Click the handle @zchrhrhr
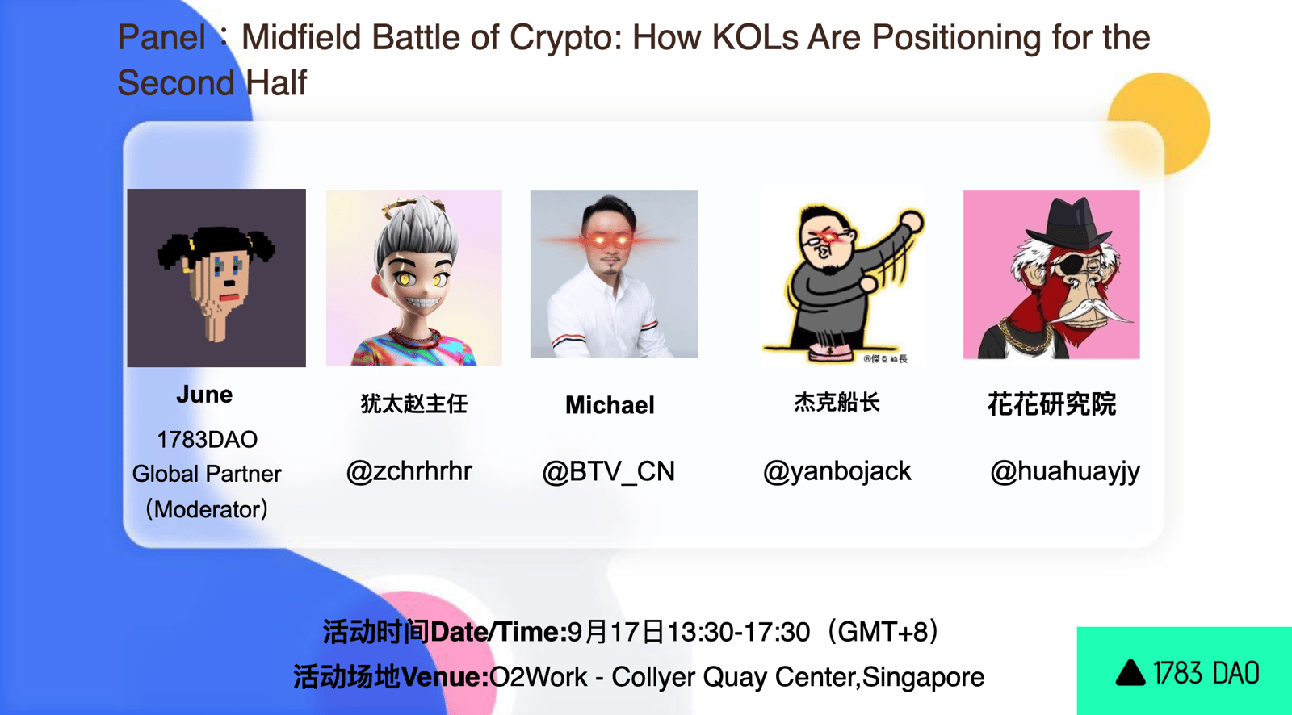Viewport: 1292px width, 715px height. [409, 471]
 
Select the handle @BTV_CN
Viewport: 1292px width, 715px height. [609, 471]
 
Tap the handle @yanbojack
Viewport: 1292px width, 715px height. [837, 471]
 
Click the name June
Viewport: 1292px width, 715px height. [204, 395]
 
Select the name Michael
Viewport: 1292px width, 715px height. [610, 405]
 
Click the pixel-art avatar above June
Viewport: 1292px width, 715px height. [216, 278]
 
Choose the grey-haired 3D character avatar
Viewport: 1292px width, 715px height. [413, 278]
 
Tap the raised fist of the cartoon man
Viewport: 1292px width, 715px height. [912, 221]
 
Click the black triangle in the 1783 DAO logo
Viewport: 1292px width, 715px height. [1130, 672]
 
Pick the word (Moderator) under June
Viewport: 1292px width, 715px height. [207, 509]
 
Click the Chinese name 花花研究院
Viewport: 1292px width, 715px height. [1051, 403]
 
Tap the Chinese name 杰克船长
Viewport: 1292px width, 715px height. [837, 402]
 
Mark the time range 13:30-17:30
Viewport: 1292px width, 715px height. [738, 632]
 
